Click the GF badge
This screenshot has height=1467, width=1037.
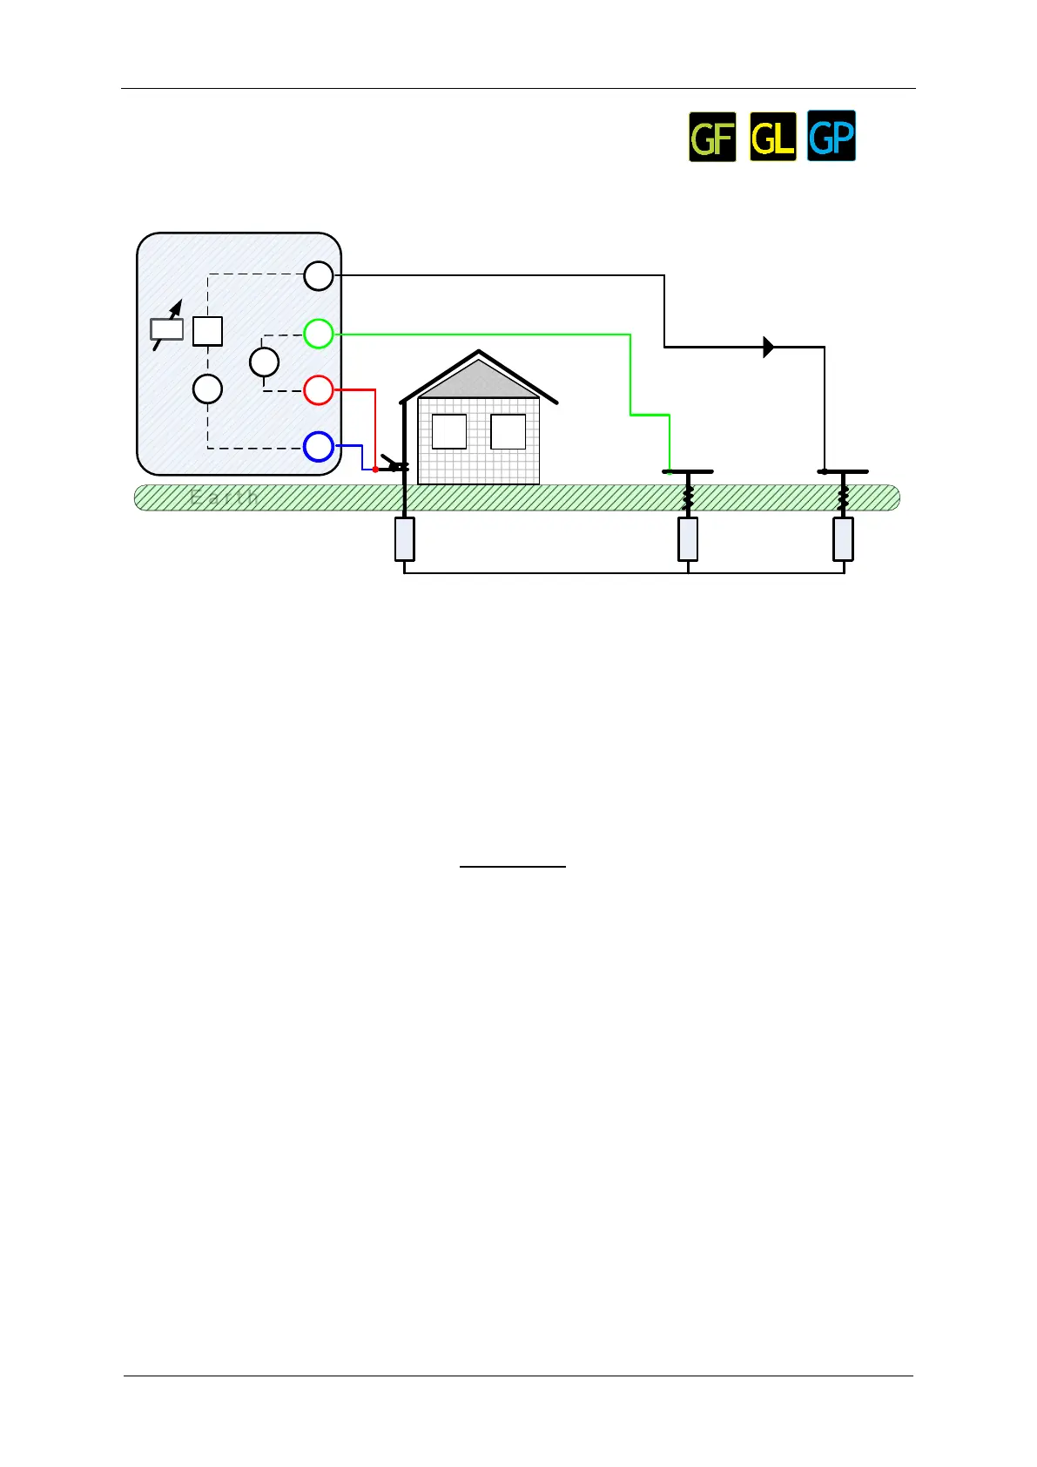712,137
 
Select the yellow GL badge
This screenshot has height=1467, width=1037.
772,137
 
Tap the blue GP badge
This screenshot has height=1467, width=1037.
832,136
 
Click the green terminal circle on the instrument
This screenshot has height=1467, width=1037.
319,334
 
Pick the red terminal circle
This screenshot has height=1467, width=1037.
319,390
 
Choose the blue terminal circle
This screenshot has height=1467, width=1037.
319,447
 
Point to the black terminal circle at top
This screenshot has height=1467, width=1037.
319,276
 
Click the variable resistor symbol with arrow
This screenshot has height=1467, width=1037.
167,328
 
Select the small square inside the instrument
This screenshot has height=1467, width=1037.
207,331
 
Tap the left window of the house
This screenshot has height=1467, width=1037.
449,431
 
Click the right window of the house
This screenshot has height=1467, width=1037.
508,431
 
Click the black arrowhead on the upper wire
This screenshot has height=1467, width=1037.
768,347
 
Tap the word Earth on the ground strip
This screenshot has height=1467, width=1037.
224,497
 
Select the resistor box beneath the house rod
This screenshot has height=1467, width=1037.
404,539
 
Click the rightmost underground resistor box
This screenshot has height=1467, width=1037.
843,539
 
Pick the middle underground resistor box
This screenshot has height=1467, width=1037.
688,539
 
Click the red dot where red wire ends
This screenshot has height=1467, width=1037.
375,470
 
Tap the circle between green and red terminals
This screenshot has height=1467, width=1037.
264,362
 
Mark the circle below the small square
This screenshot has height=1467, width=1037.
207,389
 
